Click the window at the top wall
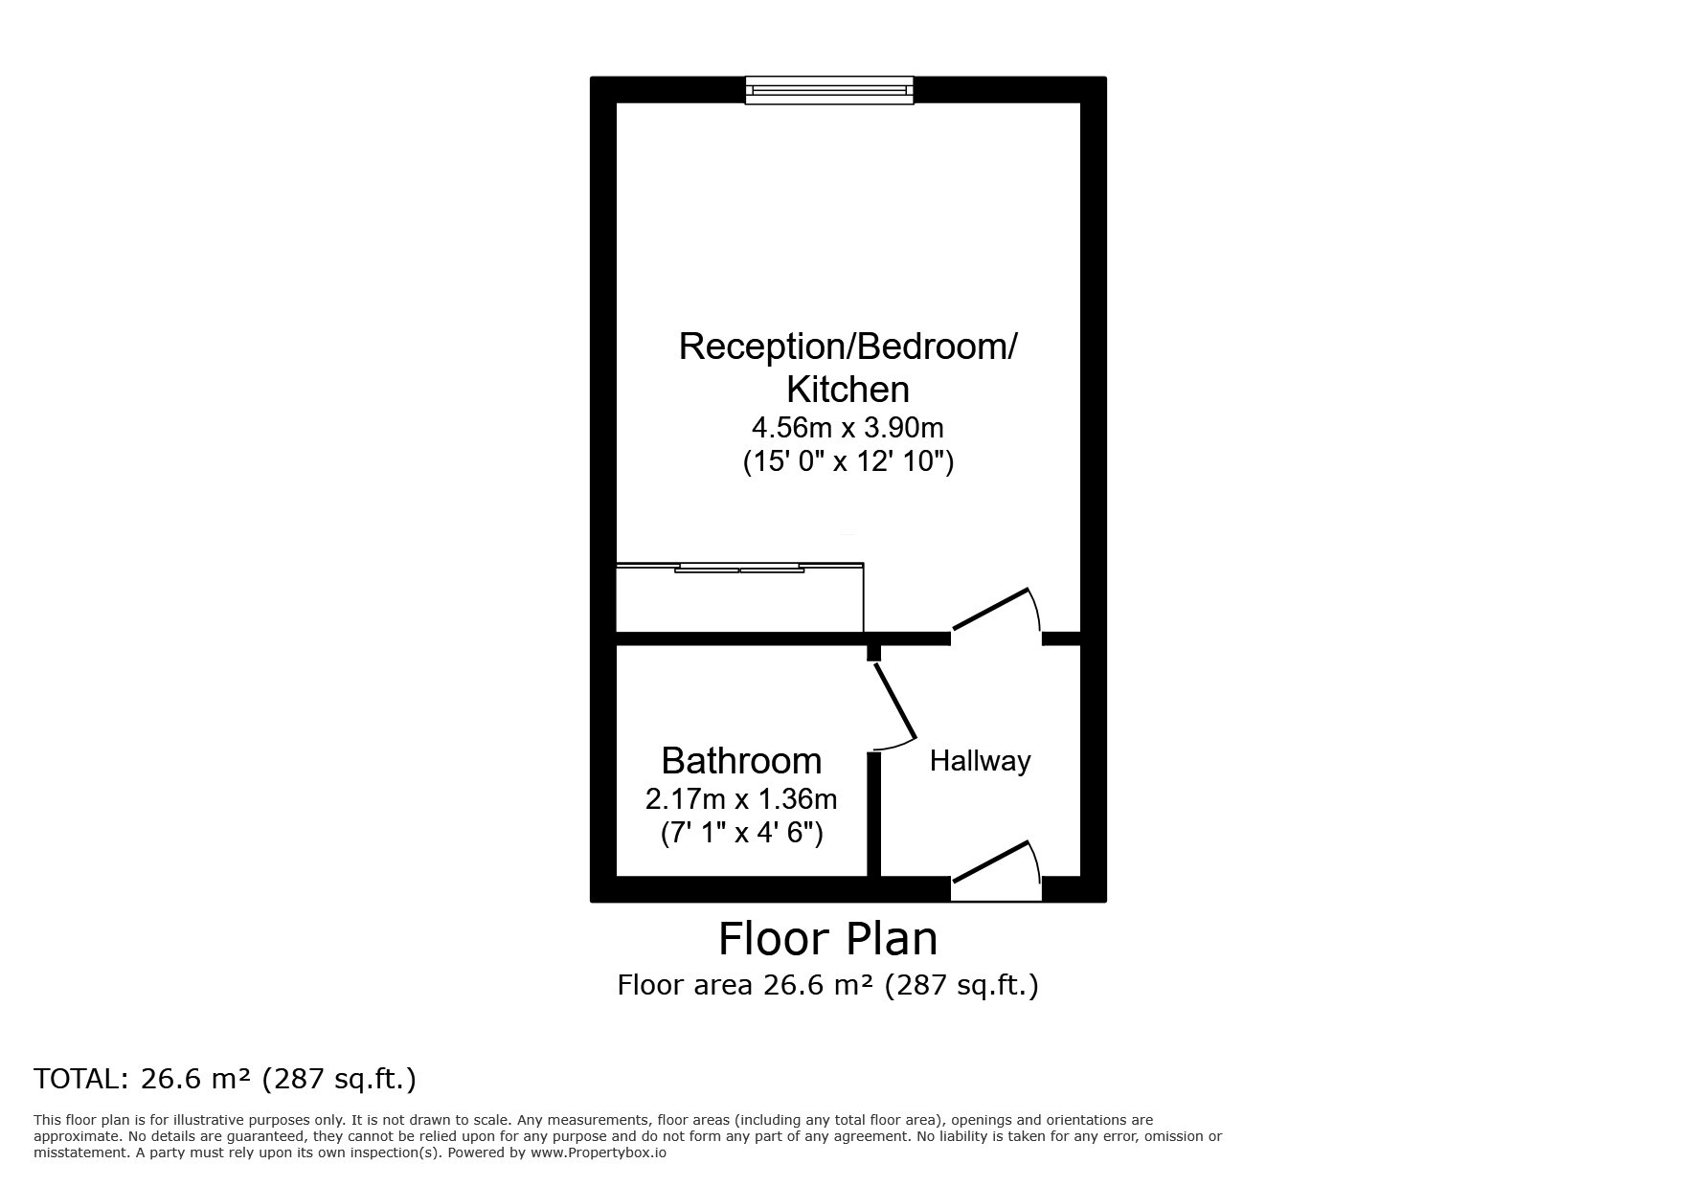tap(829, 90)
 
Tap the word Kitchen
tap(848, 390)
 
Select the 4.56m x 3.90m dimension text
tap(848, 427)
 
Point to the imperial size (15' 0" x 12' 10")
tap(848, 461)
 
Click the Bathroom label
tap(741, 761)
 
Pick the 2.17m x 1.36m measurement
tap(741, 798)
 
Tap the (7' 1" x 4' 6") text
tap(741, 833)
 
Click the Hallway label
tap(980, 762)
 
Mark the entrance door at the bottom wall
tap(991, 862)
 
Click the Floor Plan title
tap(828, 939)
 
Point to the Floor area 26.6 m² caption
tap(827, 985)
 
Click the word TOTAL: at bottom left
tap(80, 1080)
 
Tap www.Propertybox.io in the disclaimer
tap(599, 1152)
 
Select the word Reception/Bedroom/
tap(848, 347)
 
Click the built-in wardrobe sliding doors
tap(739, 569)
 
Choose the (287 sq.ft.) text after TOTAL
tap(340, 1080)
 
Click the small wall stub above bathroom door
tap(873, 653)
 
